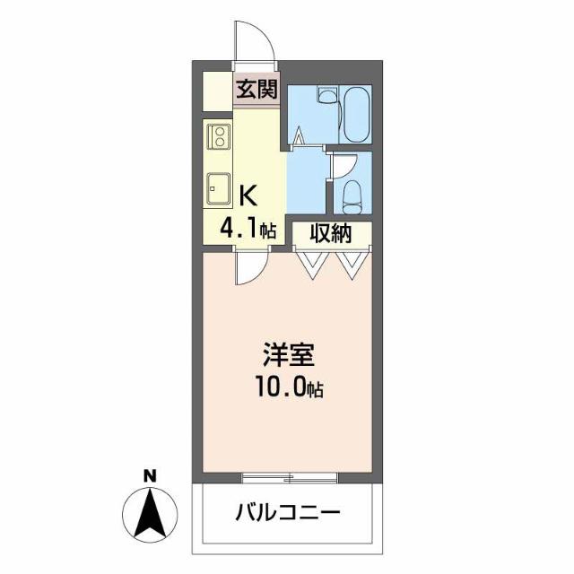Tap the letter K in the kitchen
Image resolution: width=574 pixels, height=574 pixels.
pyautogui.click(x=249, y=193)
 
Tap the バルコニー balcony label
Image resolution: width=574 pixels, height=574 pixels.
pyautogui.click(x=289, y=514)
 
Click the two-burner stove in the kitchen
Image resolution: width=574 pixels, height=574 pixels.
pyautogui.click(x=218, y=136)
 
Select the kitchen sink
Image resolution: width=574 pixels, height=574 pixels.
pyautogui.click(x=218, y=187)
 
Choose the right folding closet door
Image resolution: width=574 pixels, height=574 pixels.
pyautogui.click(x=352, y=261)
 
